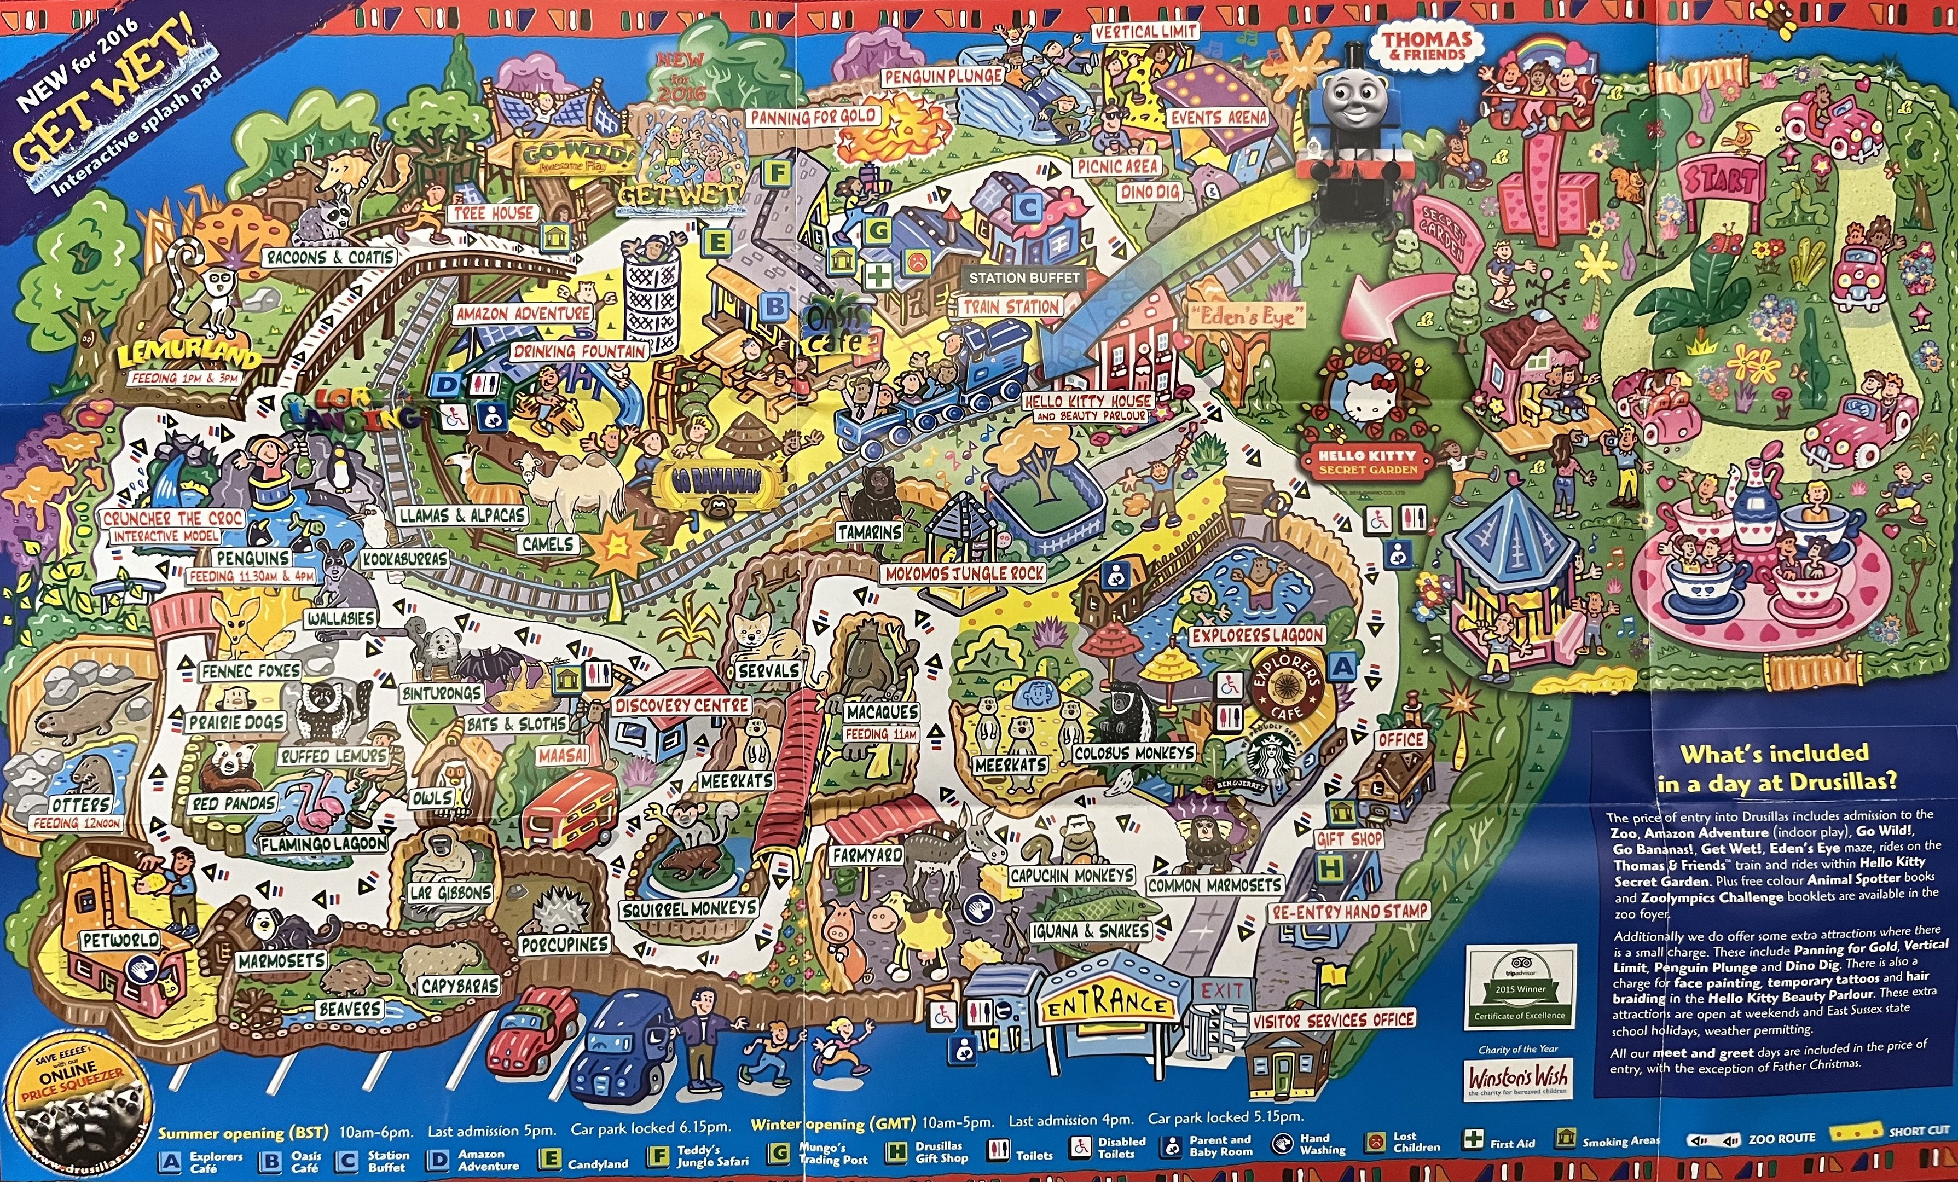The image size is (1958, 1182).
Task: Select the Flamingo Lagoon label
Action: point(324,843)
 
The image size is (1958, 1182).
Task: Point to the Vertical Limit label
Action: point(1144,32)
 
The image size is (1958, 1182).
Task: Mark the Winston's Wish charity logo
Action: point(1518,1078)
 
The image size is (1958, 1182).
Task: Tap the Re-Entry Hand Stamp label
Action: point(1349,911)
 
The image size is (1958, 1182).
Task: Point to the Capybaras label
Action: point(460,986)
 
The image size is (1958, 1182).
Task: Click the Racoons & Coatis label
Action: point(331,258)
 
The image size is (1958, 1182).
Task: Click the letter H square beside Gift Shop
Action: point(1329,869)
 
